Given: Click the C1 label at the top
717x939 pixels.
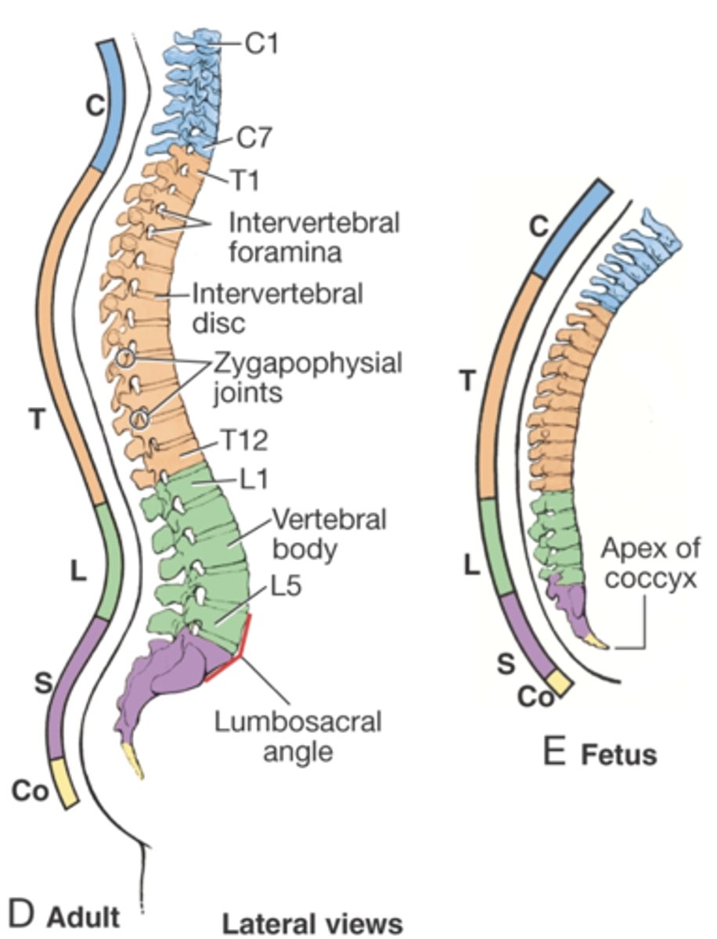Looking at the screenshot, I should click(262, 45).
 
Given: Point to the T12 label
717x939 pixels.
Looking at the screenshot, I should click(243, 442).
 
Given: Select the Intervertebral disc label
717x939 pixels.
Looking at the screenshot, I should click(278, 309).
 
